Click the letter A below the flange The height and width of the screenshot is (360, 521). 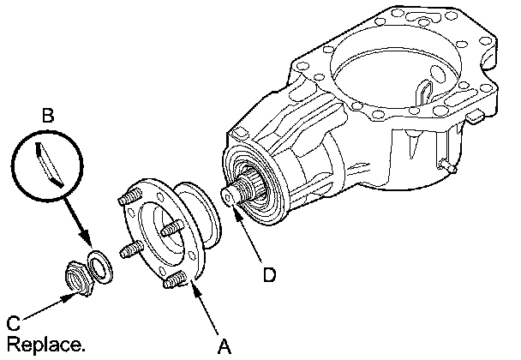pyautogui.click(x=225, y=346)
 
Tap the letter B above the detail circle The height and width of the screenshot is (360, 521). pyautogui.click(x=48, y=112)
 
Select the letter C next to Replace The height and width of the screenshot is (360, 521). pyautogui.click(x=13, y=324)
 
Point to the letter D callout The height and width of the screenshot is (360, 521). pyautogui.click(x=269, y=274)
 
